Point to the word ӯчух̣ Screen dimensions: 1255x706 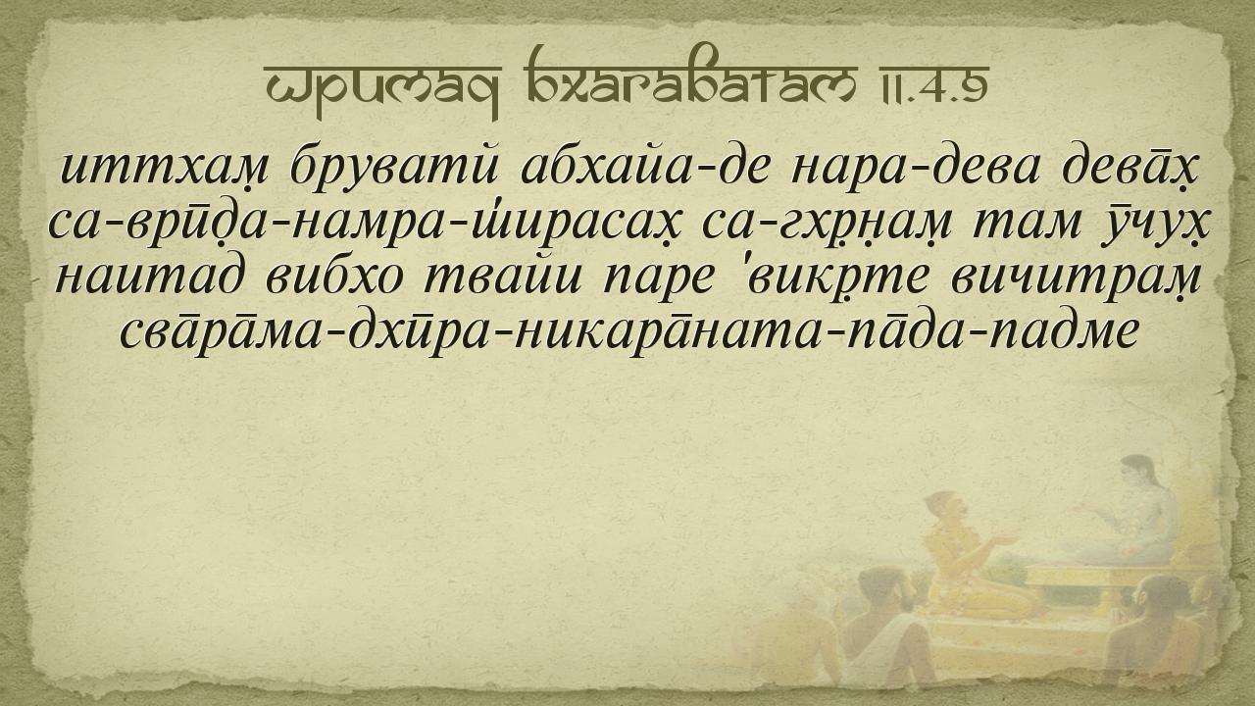click(1157, 223)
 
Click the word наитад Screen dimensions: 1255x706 click(148, 277)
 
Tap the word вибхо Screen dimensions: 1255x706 click(334, 277)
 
